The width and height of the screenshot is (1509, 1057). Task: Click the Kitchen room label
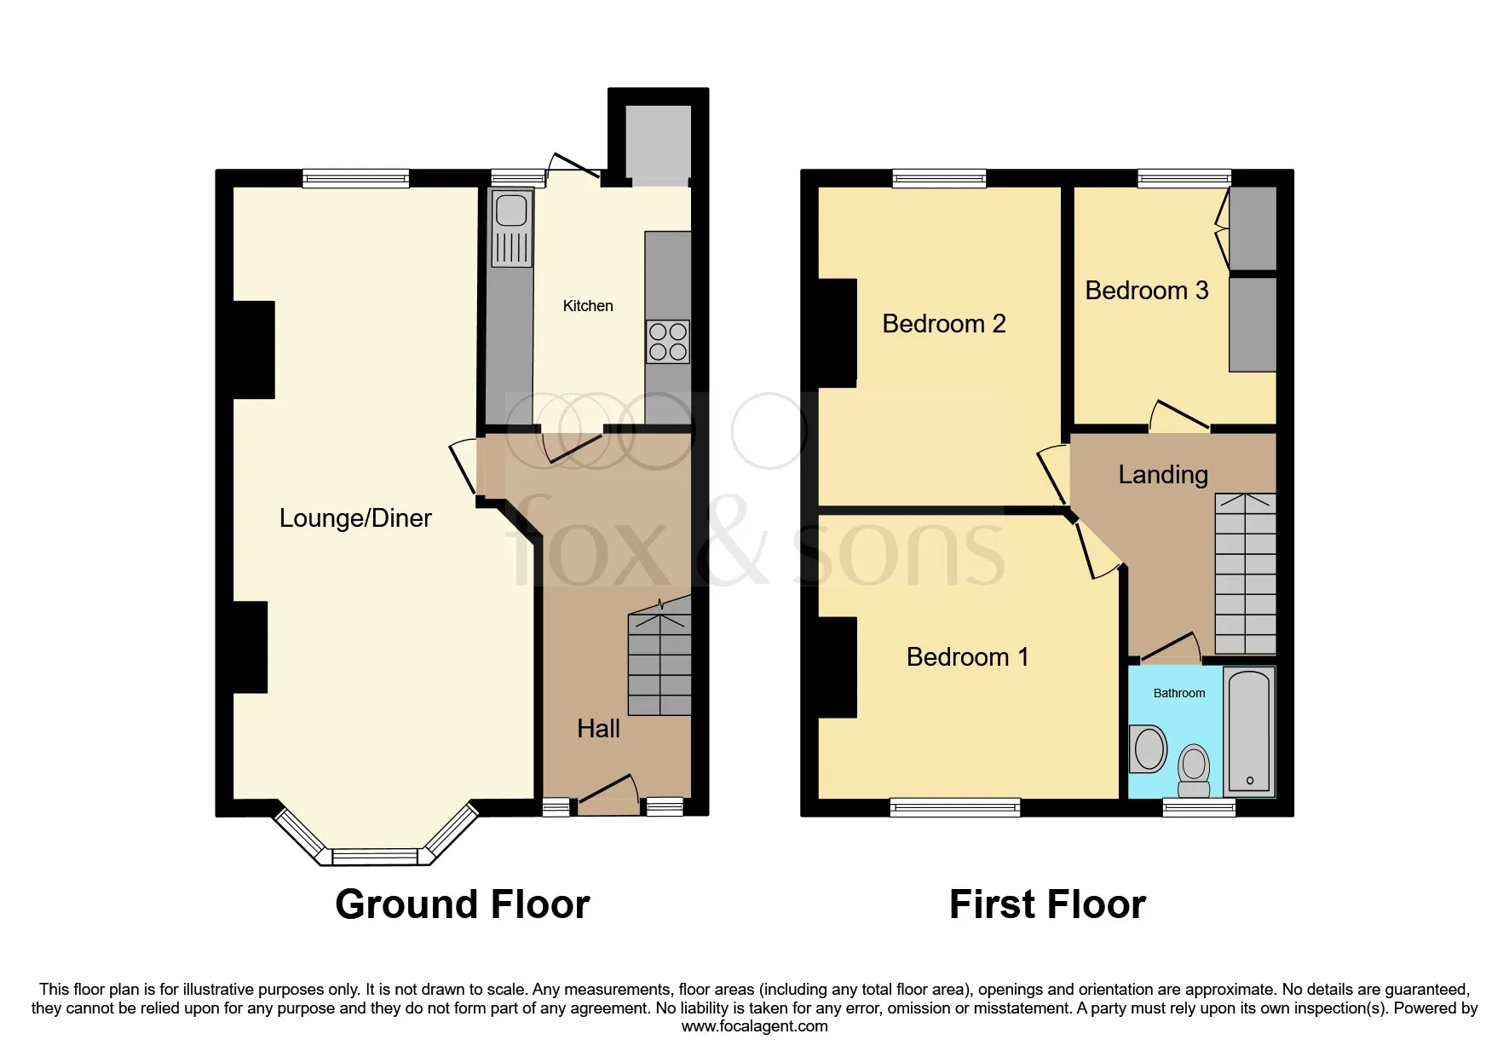pos(587,306)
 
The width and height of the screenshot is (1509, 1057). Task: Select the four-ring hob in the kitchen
pos(667,341)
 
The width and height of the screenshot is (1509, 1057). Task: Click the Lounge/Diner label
pos(355,518)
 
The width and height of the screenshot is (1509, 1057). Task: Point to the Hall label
pos(598,729)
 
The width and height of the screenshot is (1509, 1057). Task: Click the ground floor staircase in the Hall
pos(659,665)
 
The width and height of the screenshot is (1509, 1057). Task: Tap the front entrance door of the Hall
pos(608,793)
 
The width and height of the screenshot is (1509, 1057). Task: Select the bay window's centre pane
pos(375,856)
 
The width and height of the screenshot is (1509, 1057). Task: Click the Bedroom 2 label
pos(943,324)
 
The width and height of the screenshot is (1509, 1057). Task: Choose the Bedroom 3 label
pos(1146,291)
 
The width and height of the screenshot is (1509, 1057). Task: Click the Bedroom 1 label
pos(967,657)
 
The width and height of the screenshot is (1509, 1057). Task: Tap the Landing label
pos(1162,475)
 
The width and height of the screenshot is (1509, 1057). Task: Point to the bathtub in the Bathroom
pos(1249,731)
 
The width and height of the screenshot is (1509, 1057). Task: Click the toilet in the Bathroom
pos(1194,765)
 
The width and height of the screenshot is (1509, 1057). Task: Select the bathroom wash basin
pos(1149,749)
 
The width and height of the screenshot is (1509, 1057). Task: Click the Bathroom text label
pos(1178,693)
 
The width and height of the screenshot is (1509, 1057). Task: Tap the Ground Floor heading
pos(462,904)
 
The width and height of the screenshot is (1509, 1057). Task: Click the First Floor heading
pos(1046,904)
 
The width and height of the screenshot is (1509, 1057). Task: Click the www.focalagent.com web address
pos(754,1026)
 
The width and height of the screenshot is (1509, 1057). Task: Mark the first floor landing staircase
pos(1245,574)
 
